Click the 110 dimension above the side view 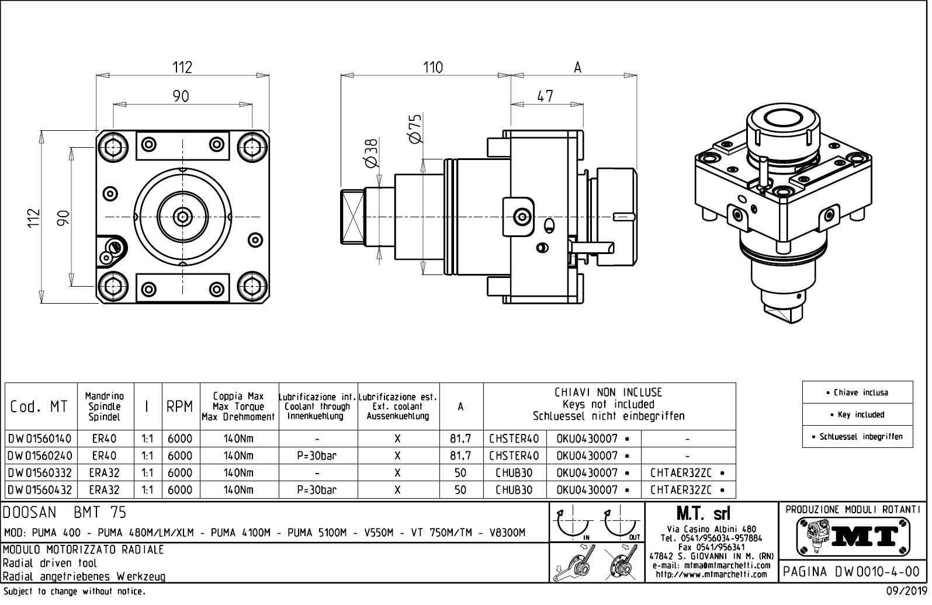point(433,68)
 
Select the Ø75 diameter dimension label point(415,129)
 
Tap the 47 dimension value point(545,96)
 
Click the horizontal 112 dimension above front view point(182,68)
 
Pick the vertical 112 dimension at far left point(34,217)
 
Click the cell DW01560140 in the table point(40,439)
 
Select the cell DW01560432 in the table point(40,490)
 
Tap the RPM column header point(179,407)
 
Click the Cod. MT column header point(39,407)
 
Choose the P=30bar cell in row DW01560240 point(317,456)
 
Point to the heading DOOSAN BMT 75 point(65,513)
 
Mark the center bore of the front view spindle point(183,217)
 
